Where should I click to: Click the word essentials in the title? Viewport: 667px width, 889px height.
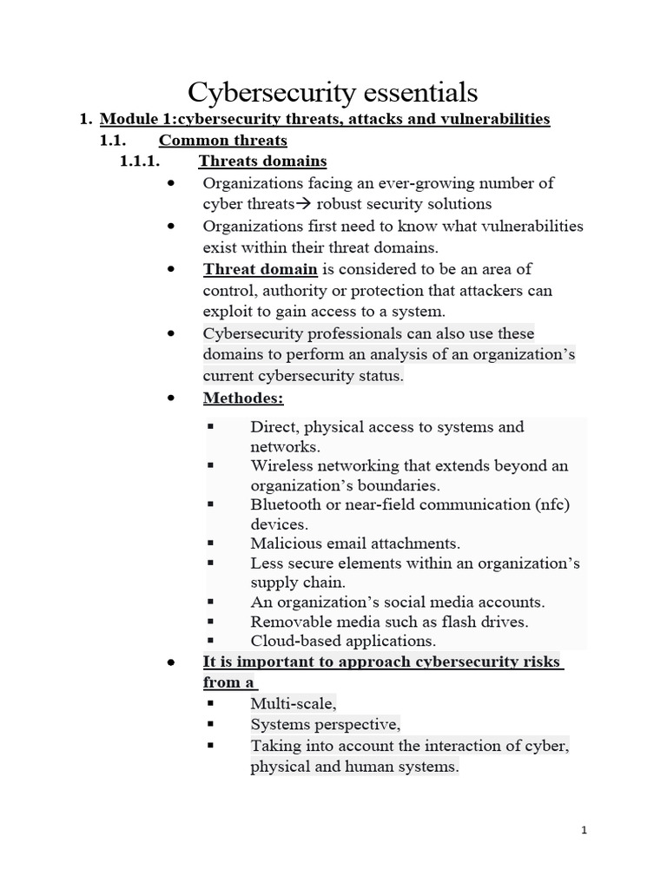click(x=415, y=91)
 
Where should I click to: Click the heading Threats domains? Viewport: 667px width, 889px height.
click(x=262, y=161)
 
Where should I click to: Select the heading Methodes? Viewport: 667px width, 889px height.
click(x=243, y=398)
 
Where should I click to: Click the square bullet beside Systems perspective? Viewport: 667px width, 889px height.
click(x=210, y=722)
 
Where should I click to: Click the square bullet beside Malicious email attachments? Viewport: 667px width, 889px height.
click(x=210, y=543)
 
